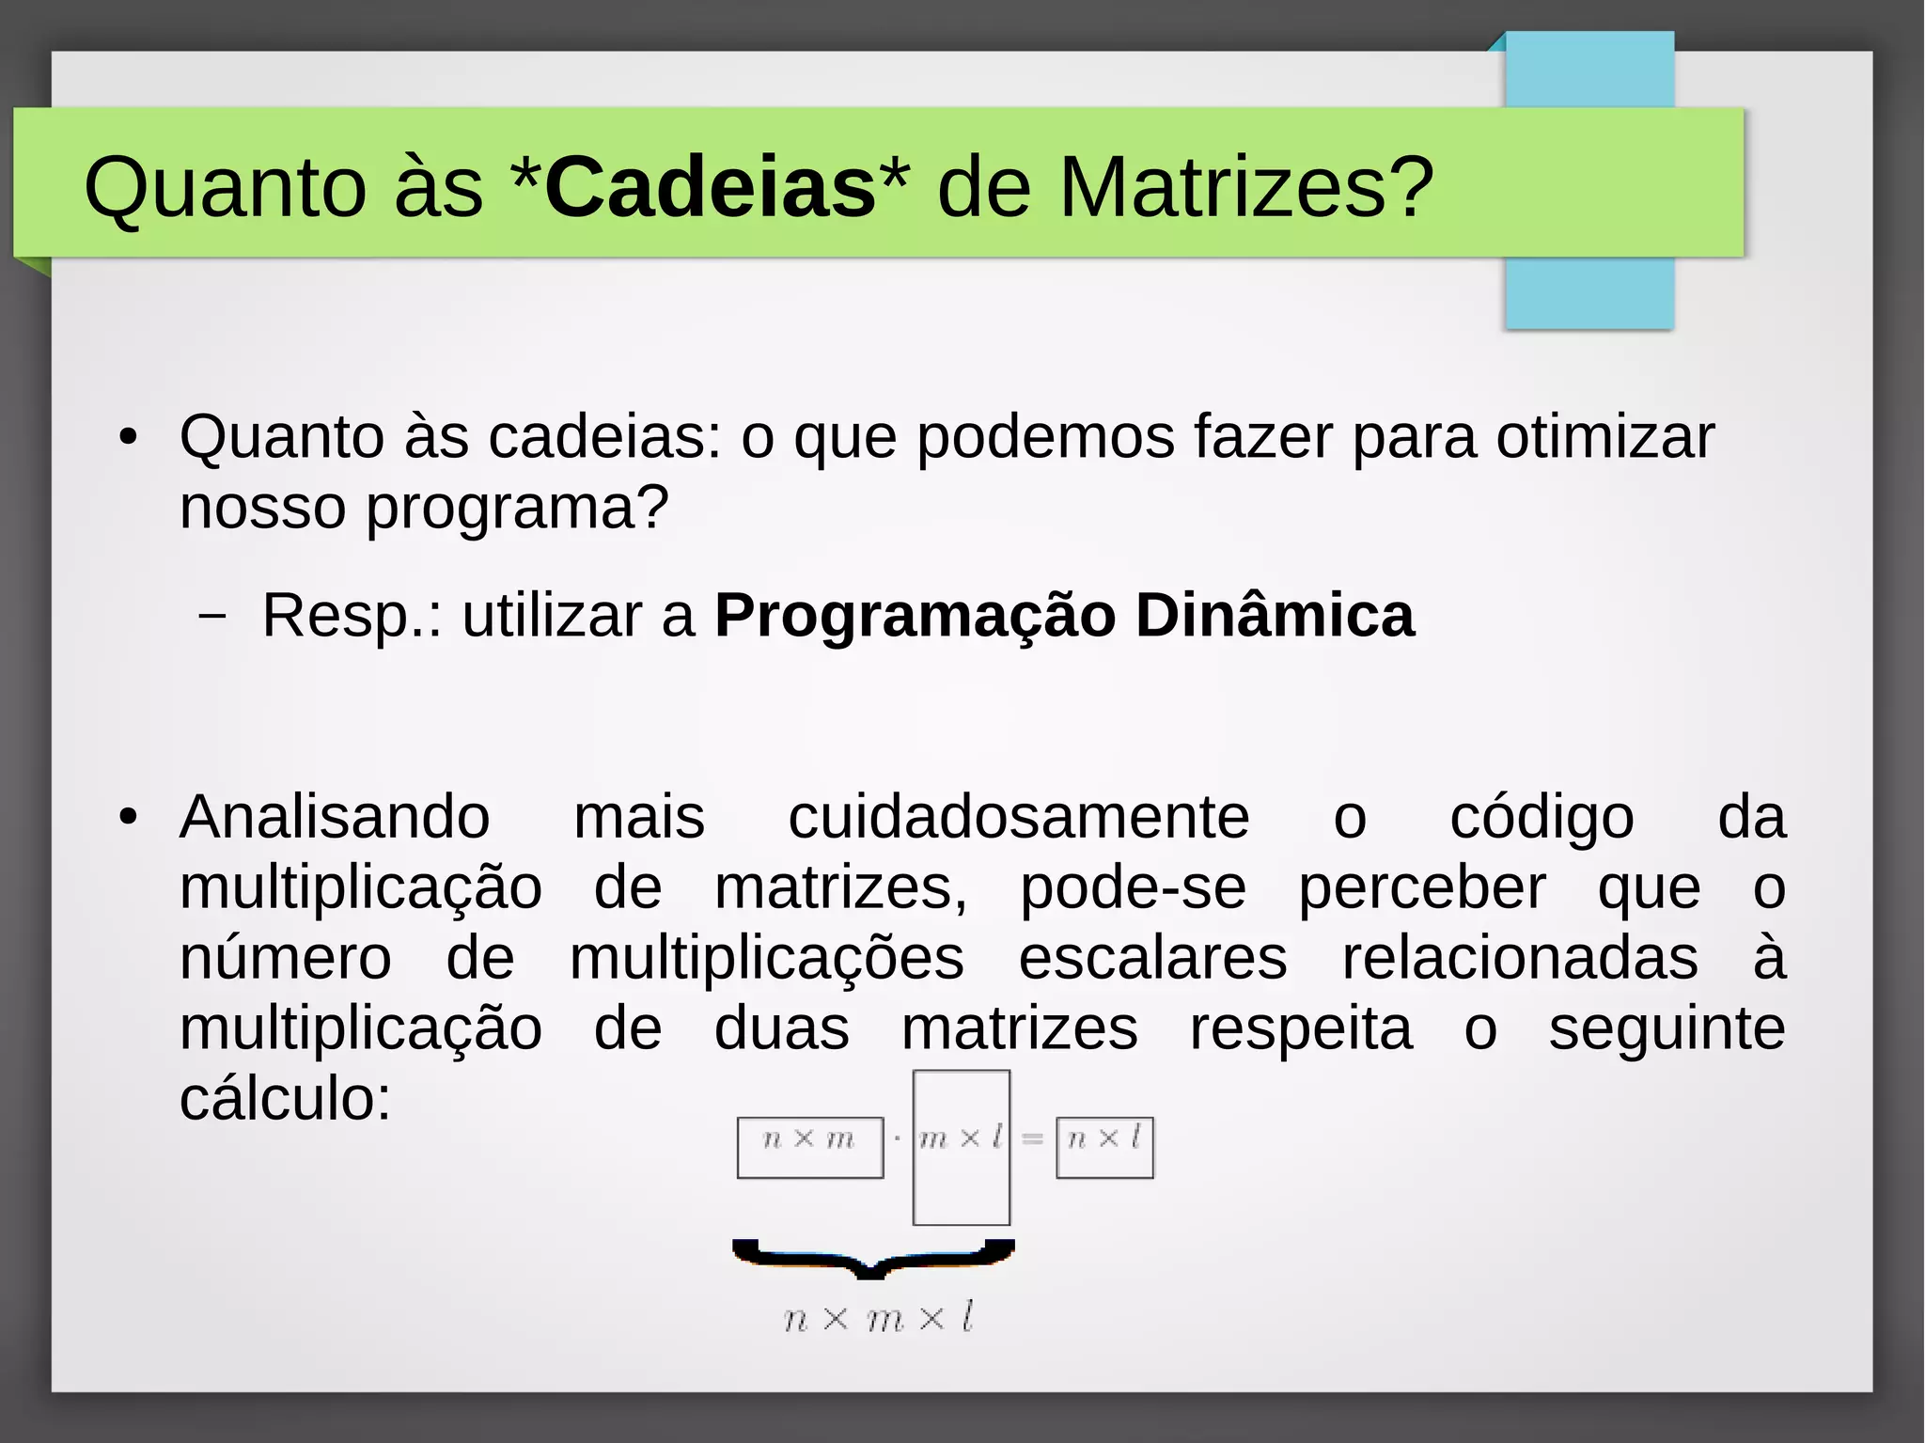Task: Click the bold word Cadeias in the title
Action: (710, 187)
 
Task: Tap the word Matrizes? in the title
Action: (1246, 187)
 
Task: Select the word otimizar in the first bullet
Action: (1604, 437)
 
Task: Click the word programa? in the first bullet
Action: (517, 509)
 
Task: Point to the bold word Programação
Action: (915, 616)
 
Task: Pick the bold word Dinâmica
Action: (1274, 616)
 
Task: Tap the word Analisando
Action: (335, 817)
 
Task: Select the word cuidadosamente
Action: (1018, 817)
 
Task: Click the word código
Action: (1542, 817)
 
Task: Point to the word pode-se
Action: (1133, 887)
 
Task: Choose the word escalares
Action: (1152, 958)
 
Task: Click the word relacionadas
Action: (1520, 958)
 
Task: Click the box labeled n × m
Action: (809, 1147)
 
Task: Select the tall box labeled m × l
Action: (961, 1148)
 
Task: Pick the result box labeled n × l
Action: (1104, 1147)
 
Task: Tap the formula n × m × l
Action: (878, 1318)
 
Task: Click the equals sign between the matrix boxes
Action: (1032, 1139)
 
